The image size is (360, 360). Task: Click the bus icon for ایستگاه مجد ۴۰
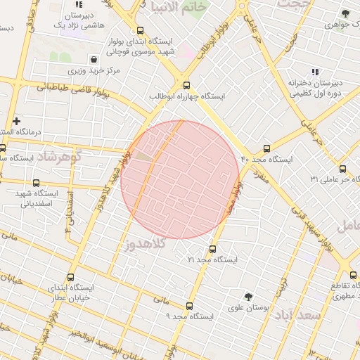point(266,148)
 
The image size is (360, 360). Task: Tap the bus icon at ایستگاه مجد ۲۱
point(212,249)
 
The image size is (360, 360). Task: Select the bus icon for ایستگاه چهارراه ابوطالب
point(186,86)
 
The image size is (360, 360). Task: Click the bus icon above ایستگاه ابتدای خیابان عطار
point(70,277)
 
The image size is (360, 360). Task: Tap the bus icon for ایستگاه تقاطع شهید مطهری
point(354,275)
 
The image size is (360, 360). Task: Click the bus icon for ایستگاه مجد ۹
point(189,306)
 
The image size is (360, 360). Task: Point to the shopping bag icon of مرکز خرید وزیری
point(94,60)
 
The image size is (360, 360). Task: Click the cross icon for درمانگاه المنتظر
point(17,122)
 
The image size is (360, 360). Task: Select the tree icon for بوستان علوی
point(247,297)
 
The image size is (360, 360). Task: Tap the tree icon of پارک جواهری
point(345,13)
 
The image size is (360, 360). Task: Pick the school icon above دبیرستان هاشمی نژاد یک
point(79,5)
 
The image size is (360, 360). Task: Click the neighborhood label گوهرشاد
point(59,155)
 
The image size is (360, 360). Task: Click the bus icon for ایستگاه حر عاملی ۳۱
point(342,169)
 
